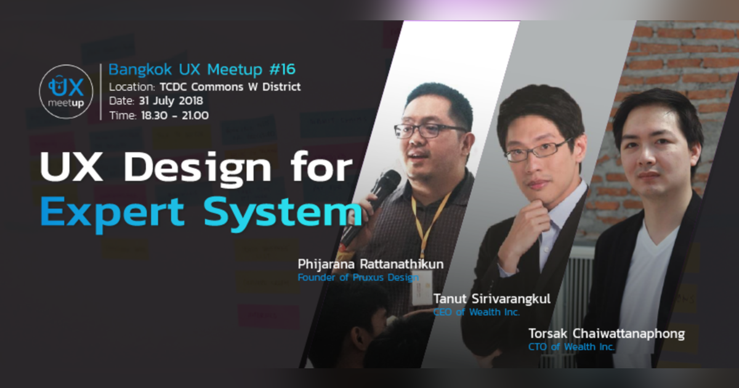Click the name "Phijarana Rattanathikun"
tap(371, 265)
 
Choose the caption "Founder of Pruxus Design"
tap(358, 278)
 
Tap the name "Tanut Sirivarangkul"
tap(491, 299)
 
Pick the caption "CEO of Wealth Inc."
tap(476, 312)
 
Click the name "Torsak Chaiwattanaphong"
tap(606, 334)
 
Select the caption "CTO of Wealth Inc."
tap(571, 347)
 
